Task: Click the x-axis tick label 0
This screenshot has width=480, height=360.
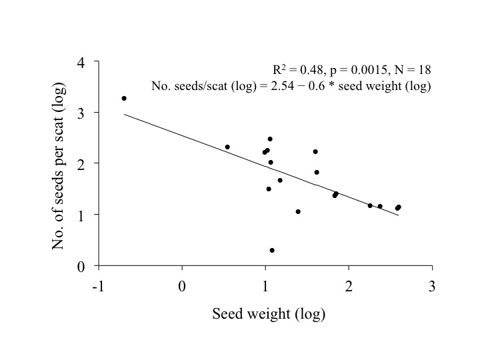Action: [x=182, y=286]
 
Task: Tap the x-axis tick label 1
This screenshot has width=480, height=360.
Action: [x=265, y=286]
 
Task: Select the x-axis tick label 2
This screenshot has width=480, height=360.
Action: [x=349, y=286]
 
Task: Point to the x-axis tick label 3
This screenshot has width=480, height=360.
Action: [x=432, y=286]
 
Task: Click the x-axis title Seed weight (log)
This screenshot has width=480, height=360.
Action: [x=269, y=313]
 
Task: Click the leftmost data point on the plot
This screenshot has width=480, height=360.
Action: [x=124, y=98]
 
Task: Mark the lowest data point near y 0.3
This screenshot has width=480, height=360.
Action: [x=272, y=250]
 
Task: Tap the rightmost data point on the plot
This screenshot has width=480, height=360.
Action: [x=399, y=207]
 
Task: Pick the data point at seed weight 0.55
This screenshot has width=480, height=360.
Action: [x=227, y=147]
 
